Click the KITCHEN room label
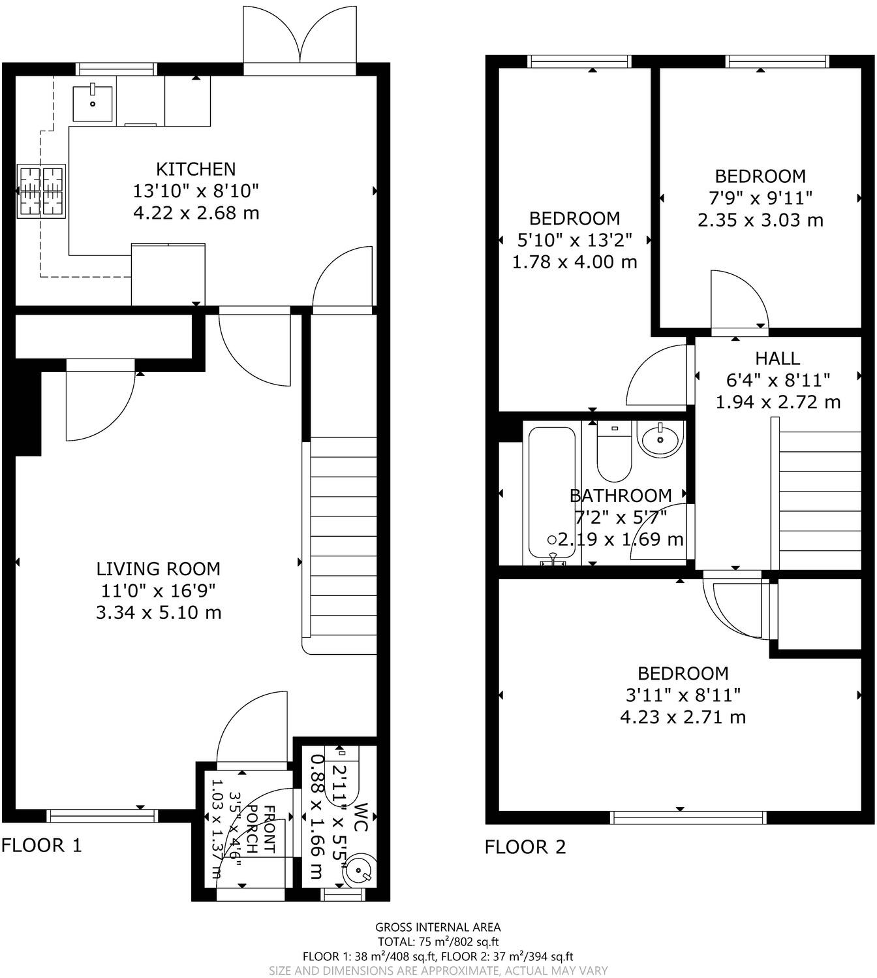[x=196, y=169]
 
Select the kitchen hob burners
[x=42, y=191]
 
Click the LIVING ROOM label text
[x=159, y=569]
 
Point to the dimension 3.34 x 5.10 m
[x=159, y=612]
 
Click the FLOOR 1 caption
[x=42, y=845]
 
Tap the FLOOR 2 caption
[x=525, y=847]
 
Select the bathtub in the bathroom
[x=552, y=493]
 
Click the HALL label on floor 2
[x=777, y=358]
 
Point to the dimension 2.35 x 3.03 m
[x=760, y=220]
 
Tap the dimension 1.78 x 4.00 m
[x=574, y=262]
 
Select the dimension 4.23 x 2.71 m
[x=683, y=717]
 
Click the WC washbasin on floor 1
[x=359, y=868]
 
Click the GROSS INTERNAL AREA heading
[x=438, y=927]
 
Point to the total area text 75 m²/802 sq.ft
[x=438, y=941]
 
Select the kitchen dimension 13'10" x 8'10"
[x=196, y=191]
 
